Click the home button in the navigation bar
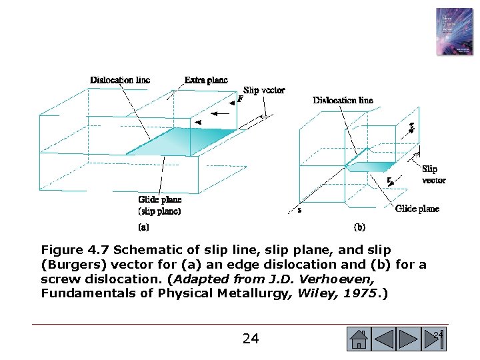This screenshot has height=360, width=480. (x=359, y=339)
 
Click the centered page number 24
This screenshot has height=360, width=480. (x=251, y=339)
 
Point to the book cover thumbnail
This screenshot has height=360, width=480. (x=454, y=31)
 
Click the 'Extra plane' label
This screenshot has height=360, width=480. (x=206, y=80)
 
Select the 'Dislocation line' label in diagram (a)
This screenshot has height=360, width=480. (x=120, y=80)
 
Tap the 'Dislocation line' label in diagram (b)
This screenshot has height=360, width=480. (x=343, y=100)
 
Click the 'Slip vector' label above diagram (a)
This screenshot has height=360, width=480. (x=264, y=90)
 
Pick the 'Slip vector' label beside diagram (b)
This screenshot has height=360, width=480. (x=433, y=175)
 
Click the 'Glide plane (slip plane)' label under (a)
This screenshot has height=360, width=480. (x=159, y=205)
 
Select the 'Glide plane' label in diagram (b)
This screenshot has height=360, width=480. (x=417, y=209)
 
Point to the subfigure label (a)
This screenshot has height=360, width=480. (x=143, y=227)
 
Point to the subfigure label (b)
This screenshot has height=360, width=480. (x=359, y=227)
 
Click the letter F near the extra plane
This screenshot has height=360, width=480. (x=240, y=99)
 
